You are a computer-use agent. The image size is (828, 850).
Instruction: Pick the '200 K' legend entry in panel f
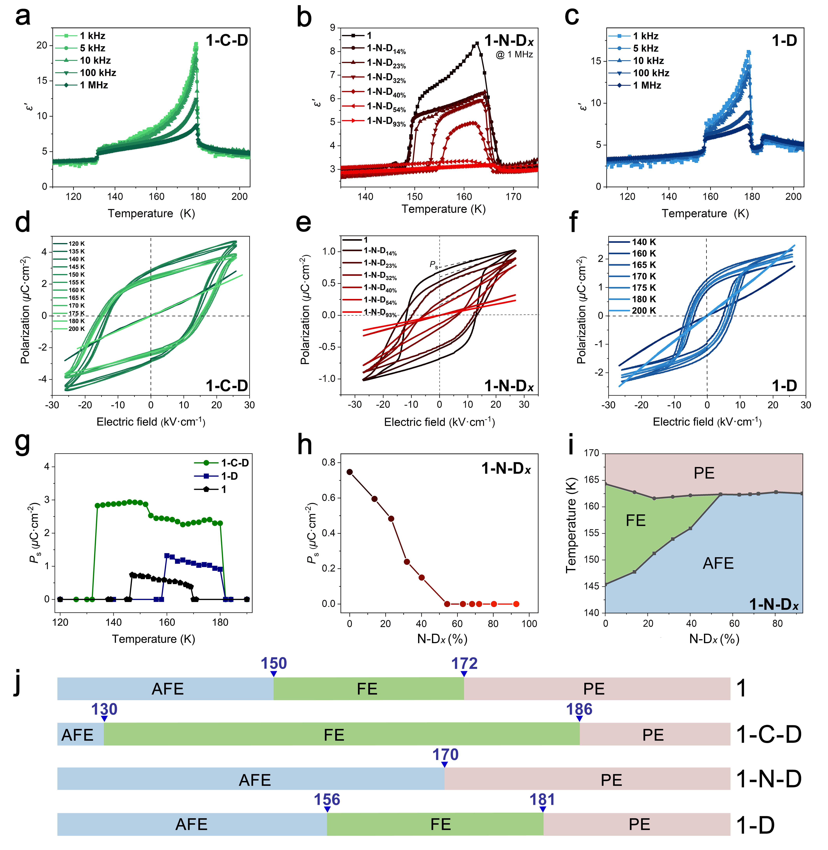point(644,310)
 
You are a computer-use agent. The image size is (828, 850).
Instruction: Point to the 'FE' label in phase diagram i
point(635,520)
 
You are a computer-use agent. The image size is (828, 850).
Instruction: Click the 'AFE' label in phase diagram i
point(718,564)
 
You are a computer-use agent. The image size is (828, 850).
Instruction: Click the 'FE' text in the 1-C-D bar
point(334,735)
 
